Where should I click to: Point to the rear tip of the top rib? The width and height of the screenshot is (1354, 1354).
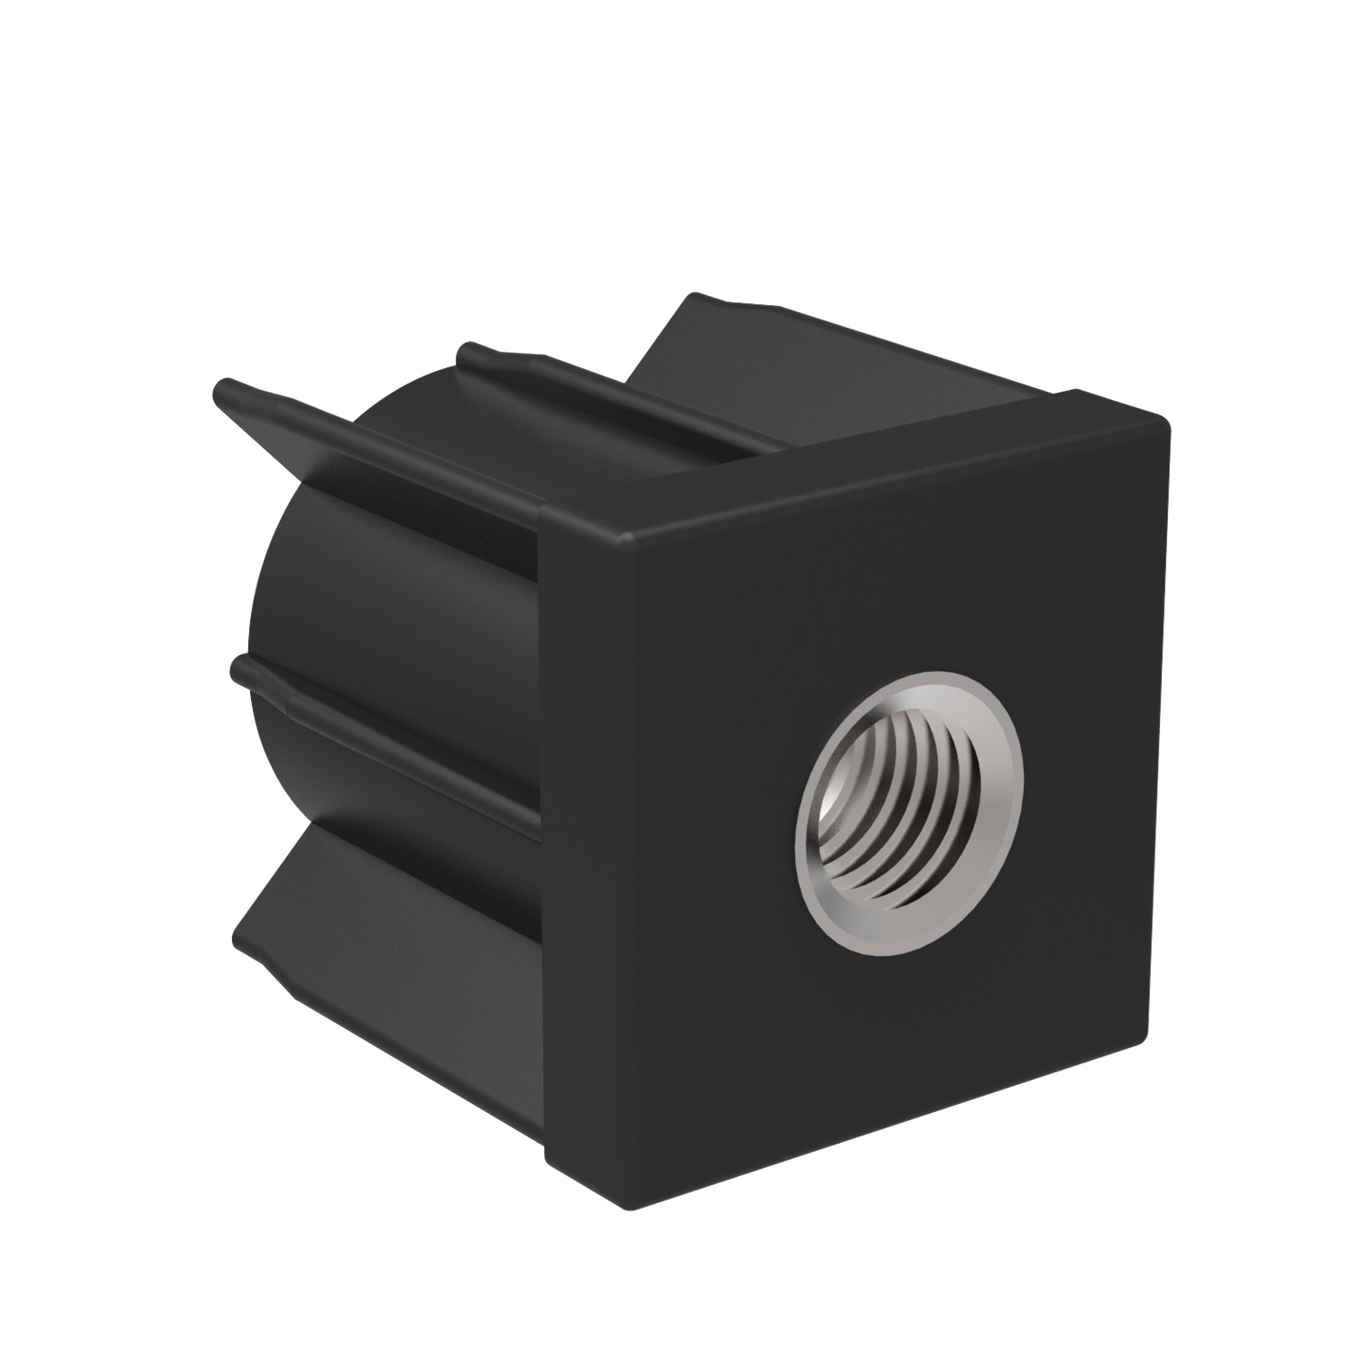coord(468,349)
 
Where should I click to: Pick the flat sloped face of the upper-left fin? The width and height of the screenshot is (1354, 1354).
coord(379,451)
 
